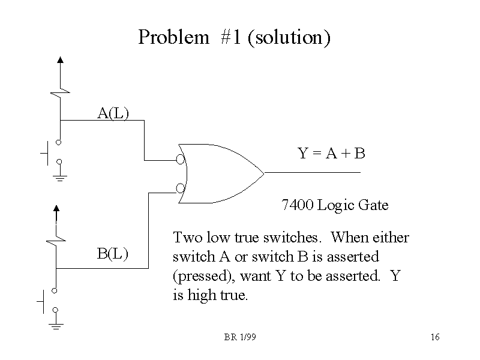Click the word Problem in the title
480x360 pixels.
[x=173, y=37]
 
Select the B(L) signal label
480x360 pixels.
[x=113, y=253]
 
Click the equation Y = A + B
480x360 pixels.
[x=332, y=154]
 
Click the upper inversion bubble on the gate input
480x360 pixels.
[x=180, y=160]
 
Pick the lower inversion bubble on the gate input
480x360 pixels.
[x=180, y=188]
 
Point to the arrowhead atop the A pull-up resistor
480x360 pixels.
[x=59, y=60]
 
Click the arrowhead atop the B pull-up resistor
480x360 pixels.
[x=56, y=209]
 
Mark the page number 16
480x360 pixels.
[x=435, y=337]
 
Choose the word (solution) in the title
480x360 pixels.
[x=289, y=37]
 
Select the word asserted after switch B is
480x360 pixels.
[x=357, y=257]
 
